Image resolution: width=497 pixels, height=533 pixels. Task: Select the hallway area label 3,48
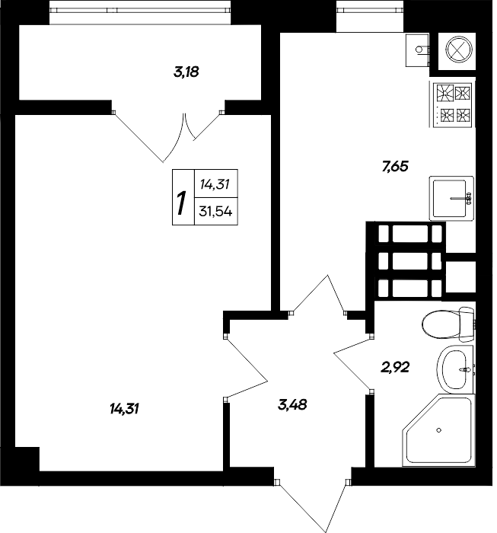click(x=292, y=404)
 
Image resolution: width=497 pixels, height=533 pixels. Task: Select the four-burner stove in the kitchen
click(x=452, y=104)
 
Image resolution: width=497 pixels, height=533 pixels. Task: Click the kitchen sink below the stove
click(x=452, y=197)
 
